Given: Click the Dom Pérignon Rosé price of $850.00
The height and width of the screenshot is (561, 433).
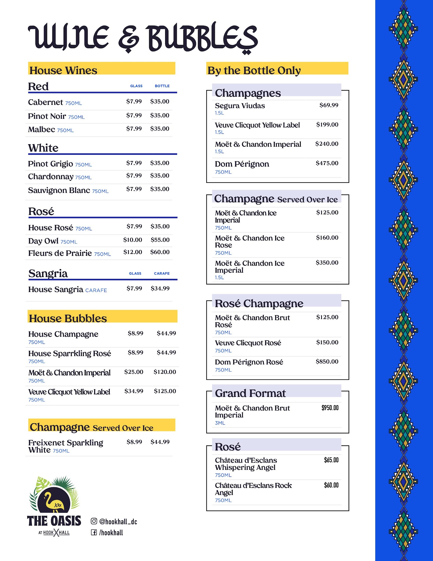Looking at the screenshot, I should pos(327,362).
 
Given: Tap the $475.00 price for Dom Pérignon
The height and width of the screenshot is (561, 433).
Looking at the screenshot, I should pos(327,163).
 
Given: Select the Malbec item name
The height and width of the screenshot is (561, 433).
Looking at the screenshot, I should pos(41,129).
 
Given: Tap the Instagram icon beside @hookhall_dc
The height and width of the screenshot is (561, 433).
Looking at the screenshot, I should pos(94,521).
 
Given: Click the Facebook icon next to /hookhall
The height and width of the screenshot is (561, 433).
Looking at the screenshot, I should pos(94,532).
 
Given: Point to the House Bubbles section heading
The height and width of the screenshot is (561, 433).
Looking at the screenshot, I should pos(68,318).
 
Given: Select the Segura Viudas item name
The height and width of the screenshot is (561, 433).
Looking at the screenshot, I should pos(240,106).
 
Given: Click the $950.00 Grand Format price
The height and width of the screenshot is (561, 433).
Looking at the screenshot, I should pos(330,408).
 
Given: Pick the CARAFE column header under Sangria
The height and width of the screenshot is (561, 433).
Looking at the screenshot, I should pos(162,273).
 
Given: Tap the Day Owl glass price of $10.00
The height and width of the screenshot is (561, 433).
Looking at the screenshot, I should pos(133,240).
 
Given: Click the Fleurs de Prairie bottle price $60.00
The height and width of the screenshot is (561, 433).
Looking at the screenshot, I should pos(160,252).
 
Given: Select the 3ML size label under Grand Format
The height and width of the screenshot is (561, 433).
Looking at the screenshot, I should pos(220,423).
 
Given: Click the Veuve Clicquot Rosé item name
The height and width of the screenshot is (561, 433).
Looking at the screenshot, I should pos(248,343).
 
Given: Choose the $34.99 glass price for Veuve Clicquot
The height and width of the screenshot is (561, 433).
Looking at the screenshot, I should pos(134,391).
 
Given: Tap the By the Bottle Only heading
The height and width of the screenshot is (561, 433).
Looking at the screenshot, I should pos(254,70).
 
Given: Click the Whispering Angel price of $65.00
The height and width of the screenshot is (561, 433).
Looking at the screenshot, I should pos(331,460).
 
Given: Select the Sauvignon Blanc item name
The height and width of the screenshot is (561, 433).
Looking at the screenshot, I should pos(59,190).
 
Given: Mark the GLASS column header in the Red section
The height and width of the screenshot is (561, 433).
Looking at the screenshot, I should pos(136,86).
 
